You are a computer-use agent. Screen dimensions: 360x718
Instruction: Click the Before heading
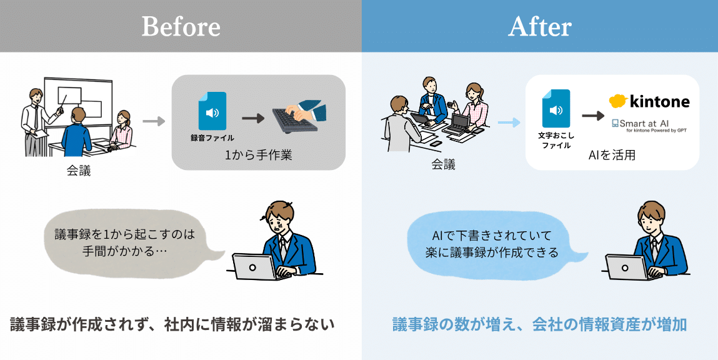(x=181, y=27)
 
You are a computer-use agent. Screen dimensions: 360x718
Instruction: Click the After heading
(x=539, y=27)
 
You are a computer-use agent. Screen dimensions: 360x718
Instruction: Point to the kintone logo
(x=649, y=101)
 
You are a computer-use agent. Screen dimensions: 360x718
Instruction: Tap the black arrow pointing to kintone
(x=592, y=116)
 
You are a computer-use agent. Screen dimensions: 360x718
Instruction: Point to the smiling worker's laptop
(x=627, y=267)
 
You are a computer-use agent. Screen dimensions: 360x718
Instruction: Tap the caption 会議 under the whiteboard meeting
(x=79, y=171)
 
